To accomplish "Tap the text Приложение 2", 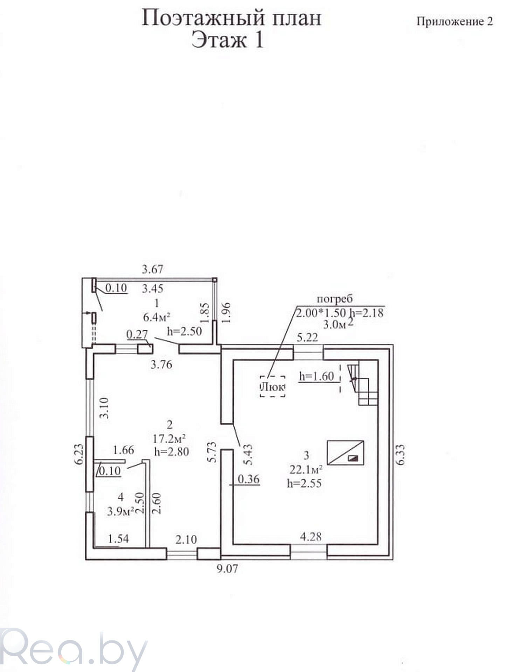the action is click(455, 22).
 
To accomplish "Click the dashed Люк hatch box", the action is click(272, 386).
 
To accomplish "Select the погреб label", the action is click(334, 299).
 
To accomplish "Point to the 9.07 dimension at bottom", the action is click(227, 569).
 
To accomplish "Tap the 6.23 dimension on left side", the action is click(79, 454).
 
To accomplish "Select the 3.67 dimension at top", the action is click(152, 269).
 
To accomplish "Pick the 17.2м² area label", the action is click(169, 438).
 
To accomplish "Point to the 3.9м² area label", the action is click(121, 511).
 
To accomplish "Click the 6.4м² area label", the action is click(157, 317).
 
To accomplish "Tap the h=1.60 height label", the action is click(317, 376).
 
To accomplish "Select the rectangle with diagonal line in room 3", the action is click(345, 453).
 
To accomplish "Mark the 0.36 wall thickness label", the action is click(248, 478).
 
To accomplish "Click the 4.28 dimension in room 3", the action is click(311, 536).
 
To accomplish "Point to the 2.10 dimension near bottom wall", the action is click(186, 539).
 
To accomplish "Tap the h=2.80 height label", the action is click(172, 451).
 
